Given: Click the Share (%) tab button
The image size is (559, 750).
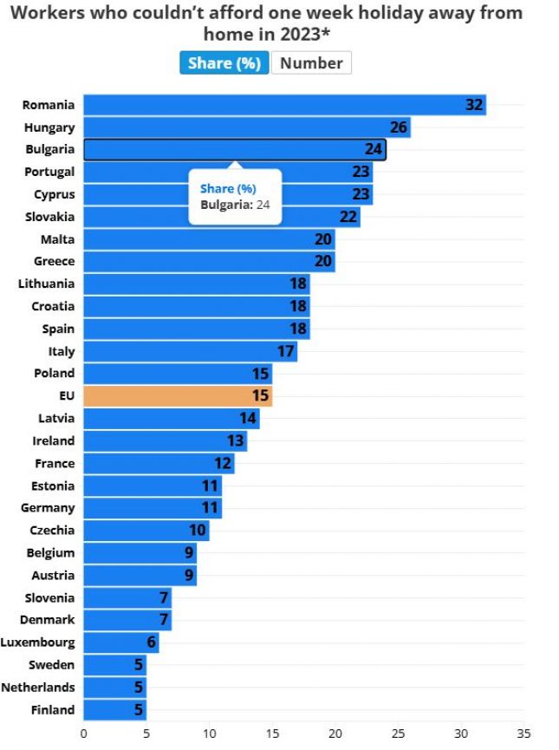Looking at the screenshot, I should (x=224, y=63).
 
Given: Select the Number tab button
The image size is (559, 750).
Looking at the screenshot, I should (x=311, y=63).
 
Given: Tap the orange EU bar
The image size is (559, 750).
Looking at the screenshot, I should (x=178, y=396).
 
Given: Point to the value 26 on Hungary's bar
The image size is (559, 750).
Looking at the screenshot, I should (x=399, y=127).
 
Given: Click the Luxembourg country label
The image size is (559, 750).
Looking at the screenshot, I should (x=37, y=642).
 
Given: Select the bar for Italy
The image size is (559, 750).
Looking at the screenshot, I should (x=190, y=351).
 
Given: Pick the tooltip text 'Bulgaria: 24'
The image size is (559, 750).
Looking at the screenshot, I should (x=235, y=205).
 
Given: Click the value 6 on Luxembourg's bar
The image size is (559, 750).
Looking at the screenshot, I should (x=151, y=642).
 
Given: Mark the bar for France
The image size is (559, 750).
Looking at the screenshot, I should (x=159, y=463).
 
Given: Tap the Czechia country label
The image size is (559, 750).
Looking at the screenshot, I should (x=52, y=530).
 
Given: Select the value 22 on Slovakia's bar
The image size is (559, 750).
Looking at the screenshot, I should (x=348, y=217).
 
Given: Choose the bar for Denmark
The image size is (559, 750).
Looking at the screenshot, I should (x=127, y=620).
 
